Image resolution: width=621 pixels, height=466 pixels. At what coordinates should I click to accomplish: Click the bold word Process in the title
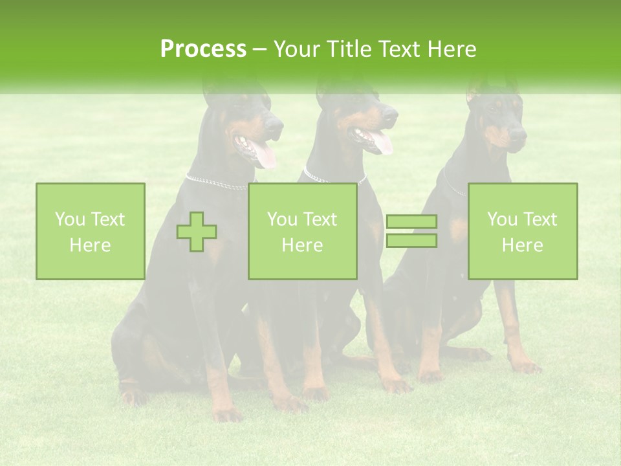point(203,49)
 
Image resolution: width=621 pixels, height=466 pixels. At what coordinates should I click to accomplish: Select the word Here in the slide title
point(450,49)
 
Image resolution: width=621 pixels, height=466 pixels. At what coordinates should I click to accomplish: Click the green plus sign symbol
point(197,232)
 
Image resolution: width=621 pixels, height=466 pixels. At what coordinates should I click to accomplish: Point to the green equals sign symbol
point(411,232)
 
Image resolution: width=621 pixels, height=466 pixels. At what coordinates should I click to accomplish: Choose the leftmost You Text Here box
point(91,232)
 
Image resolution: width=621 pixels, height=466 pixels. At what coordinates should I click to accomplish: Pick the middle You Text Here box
point(302,232)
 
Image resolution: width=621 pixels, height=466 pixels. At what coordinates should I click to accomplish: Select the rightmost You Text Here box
point(523,232)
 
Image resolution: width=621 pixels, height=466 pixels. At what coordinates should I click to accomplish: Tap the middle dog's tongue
point(382,142)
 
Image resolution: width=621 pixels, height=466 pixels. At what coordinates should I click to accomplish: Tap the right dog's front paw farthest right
point(527,367)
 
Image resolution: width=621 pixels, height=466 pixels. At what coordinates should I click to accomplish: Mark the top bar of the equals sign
point(411,222)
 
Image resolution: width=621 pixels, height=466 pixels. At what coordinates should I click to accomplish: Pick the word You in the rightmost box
point(502,219)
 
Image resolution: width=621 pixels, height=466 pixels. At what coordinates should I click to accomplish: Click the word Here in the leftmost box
point(91,245)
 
